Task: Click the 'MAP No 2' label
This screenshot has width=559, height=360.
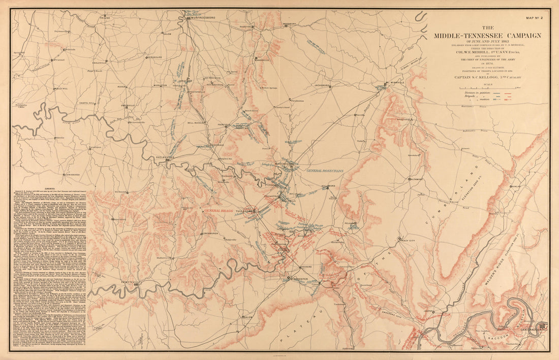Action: pyautogui.click(x=535, y=18)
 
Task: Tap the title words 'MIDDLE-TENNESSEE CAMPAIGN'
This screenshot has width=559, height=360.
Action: pyautogui.click(x=487, y=35)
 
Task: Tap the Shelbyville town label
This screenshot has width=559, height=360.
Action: pyautogui.click(x=162, y=157)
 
